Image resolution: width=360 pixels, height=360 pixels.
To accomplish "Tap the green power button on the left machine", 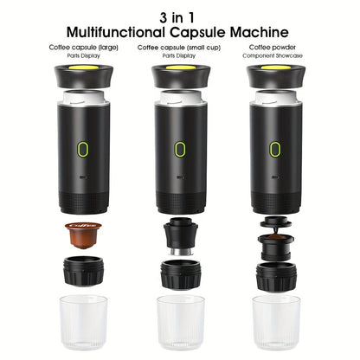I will point(83,148).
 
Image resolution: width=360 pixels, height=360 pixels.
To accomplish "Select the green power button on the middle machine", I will point(180,148).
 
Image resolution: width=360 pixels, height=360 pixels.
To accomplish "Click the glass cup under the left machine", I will point(83,323).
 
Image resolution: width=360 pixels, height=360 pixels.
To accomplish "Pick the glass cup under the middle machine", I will point(180,323).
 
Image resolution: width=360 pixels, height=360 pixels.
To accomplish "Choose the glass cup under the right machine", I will point(277,323).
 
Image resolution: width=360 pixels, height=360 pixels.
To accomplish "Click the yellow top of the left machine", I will point(83,67).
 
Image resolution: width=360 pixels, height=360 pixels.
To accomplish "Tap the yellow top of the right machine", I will point(277,67).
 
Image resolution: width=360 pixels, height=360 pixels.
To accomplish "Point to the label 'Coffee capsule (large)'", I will point(84,48).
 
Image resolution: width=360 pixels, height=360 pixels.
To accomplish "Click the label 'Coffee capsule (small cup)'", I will point(180,48).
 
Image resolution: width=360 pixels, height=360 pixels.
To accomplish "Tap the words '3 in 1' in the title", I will point(180,16).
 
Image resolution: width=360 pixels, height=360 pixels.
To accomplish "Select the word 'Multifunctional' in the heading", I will point(128,32).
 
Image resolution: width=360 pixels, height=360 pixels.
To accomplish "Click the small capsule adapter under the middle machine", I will point(180,236).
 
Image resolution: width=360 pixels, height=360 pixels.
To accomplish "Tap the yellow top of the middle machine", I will point(180,67).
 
